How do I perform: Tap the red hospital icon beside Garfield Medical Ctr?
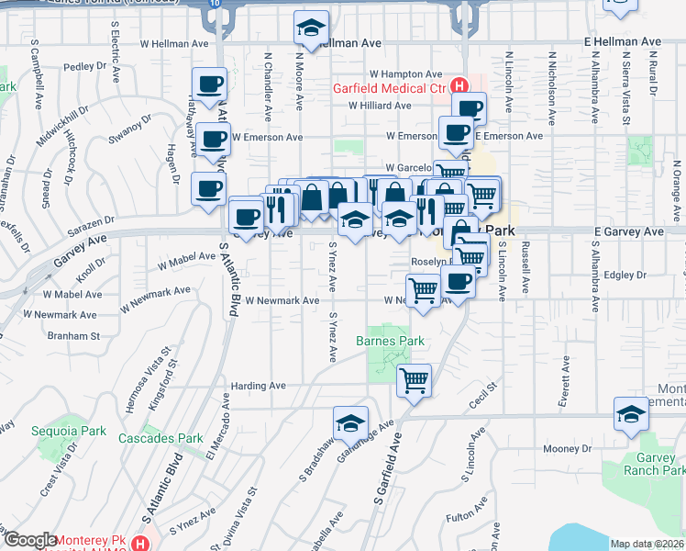(x=459, y=89)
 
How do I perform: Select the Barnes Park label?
(x=390, y=341)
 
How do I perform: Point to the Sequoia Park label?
(x=81, y=431)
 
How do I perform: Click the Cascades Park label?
(x=160, y=439)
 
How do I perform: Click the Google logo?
(x=29, y=540)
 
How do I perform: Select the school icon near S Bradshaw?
(x=349, y=422)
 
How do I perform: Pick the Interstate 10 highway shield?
(x=213, y=4)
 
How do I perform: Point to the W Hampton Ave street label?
(x=406, y=74)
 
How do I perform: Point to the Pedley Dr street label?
(x=85, y=67)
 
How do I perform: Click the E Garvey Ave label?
(x=628, y=232)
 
